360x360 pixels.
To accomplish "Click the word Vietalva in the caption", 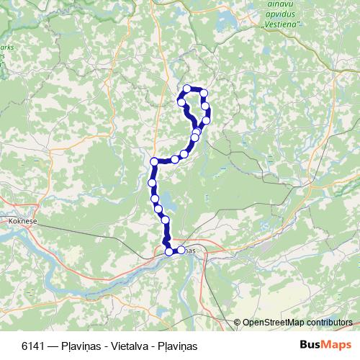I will [119, 345].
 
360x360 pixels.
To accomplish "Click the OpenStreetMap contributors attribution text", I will [297, 323].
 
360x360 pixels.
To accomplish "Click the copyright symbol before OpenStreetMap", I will [238, 323].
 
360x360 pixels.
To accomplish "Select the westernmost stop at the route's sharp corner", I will [153, 161].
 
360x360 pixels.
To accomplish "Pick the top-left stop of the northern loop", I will [187, 89].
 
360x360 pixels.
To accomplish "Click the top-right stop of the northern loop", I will [204, 92].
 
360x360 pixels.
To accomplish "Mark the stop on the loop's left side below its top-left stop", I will [182, 103].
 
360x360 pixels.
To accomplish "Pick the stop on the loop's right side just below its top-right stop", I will [206, 107].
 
